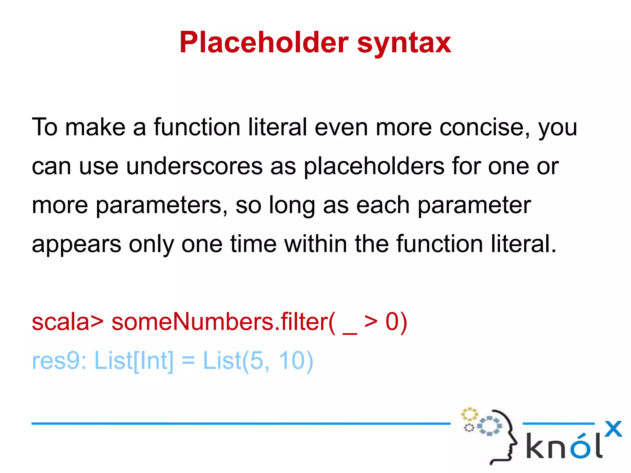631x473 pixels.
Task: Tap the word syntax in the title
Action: tap(404, 43)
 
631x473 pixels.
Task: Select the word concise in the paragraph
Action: tap(481, 127)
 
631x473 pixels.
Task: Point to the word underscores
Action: tap(194, 166)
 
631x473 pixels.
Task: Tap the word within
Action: tap(316, 244)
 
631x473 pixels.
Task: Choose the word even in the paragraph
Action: tap(341, 127)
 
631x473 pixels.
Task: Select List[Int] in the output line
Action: tap(134, 361)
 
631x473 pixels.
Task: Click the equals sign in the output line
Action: tap(188, 361)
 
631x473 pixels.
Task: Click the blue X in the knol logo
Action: tap(613, 429)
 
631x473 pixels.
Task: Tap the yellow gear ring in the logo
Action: tap(469, 414)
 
